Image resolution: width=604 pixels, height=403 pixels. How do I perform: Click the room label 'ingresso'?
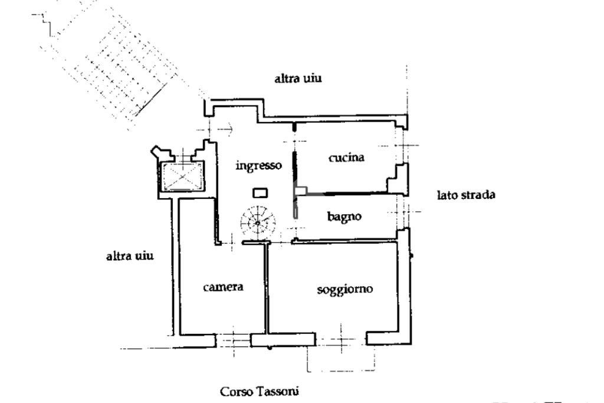(x=258, y=166)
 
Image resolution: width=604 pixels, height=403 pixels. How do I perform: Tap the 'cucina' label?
(x=346, y=158)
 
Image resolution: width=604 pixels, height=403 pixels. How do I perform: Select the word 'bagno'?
(x=344, y=217)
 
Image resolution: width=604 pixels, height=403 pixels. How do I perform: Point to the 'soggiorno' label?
(x=345, y=289)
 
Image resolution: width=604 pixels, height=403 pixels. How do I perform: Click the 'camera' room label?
(x=223, y=287)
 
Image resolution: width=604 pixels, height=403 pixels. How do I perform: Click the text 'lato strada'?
(x=466, y=195)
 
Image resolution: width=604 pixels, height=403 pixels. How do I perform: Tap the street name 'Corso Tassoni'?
(x=260, y=391)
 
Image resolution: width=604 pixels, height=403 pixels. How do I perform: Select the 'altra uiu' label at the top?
(x=298, y=78)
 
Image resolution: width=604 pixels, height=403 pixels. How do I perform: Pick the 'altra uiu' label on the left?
(x=130, y=256)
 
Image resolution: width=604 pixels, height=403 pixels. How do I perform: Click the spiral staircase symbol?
(x=258, y=222)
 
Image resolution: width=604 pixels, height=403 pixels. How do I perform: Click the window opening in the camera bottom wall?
(x=234, y=340)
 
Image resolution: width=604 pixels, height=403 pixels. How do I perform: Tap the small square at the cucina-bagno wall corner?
(x=301, y=191)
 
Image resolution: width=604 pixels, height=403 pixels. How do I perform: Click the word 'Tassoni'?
(x=278, y=391)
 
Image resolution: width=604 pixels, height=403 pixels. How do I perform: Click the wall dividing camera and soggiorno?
(x=267, y=289)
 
